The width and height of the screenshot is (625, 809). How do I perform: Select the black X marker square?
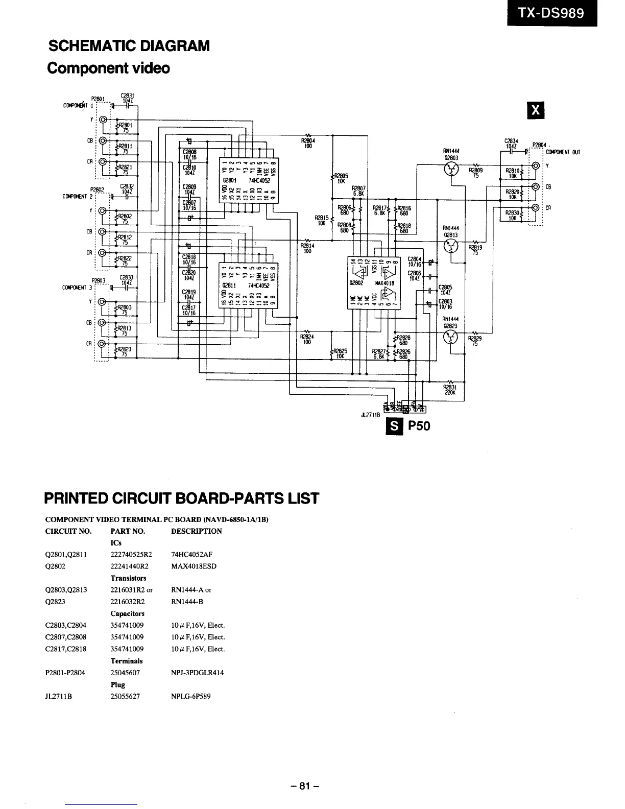pyautogui.click(x=535, y=110)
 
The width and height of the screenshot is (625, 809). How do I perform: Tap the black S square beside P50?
pyautogui.click(x=395, y=425)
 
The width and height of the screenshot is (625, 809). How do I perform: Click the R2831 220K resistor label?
pyautogui.click(x=450, y=390)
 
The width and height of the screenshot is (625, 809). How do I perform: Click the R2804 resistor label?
pyautogui.click(x=308, y=143)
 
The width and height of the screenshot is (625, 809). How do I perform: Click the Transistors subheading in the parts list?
pyautogui.click(x=128, y=578)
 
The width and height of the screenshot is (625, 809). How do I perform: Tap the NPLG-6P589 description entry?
pyautogui.click(x=190, y=696)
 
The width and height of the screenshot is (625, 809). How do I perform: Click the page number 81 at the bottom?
pyautogui.click(x=305, y=786)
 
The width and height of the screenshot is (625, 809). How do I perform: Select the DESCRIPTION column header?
pyautogui.click(x=197, y=531)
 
